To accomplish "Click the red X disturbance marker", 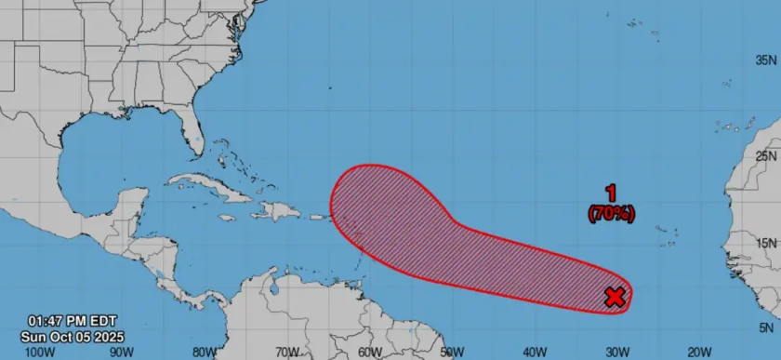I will point(615,297).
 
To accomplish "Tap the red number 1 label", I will point(611,193).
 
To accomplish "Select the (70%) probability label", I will point(611,213).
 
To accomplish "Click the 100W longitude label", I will point(38,352).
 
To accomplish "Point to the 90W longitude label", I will point(121,352).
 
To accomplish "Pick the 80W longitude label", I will point(204,352).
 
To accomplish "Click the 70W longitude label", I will point(286,352).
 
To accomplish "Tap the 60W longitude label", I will point(369,352).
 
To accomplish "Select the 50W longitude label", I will point(452,352).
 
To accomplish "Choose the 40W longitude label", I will point(535,352).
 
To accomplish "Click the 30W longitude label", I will point(617,352).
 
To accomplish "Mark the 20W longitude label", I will point(700,352).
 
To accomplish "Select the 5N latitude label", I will point(768,327).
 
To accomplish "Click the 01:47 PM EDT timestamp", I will point(73,322).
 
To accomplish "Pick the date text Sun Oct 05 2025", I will point(73,336).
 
